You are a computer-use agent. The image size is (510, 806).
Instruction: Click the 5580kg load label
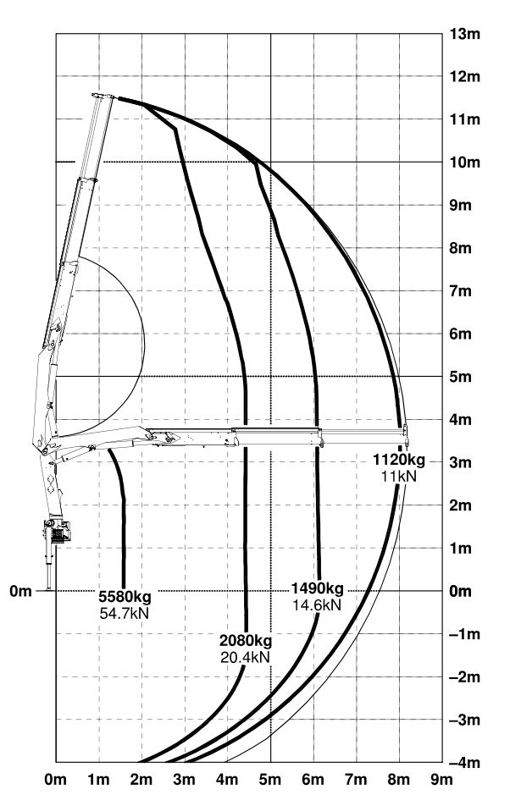point(125,597)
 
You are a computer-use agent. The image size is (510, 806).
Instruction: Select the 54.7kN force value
point(125,613)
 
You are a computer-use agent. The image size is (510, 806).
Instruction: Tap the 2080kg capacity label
point(246,641)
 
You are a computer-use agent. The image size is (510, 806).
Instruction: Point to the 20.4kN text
point(245,658)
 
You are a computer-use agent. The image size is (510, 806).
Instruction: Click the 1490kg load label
point(317,588)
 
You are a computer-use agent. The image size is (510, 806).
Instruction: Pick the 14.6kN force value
point(317,605)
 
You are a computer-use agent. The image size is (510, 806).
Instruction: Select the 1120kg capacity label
point(399,460)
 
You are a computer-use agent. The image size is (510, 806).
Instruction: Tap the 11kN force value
point(399,477)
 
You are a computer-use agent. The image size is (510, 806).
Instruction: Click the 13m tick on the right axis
point(465,34)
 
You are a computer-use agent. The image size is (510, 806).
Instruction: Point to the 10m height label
point(465,163)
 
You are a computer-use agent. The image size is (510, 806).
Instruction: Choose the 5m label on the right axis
point(461,377)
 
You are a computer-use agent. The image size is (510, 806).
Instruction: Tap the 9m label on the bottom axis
point(441,780)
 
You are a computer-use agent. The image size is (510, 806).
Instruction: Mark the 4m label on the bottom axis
point(227,780)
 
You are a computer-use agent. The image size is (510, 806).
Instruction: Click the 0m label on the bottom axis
point(56,780)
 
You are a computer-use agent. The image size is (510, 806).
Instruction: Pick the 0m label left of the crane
point(20,591)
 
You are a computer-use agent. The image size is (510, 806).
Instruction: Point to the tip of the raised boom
point(103,96)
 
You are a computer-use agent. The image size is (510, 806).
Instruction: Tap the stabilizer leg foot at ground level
point(49,589)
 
